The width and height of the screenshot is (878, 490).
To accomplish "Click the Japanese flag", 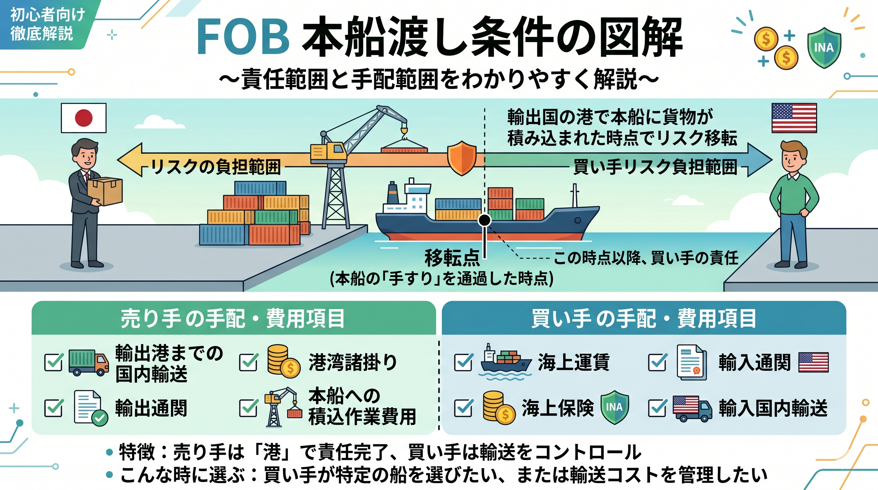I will (x=84, y=118).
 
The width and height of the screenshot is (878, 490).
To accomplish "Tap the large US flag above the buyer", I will (x=794, y=118).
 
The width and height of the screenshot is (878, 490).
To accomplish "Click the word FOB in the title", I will (x=243, y=37).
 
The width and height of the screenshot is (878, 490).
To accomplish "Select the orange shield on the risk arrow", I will (x=462, y=158).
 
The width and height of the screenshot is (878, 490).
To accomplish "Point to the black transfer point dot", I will (x=484, y=220).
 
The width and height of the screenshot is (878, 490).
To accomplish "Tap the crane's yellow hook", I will (x=404, y=131).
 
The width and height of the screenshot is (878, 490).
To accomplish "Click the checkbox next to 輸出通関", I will (x=54, y=408).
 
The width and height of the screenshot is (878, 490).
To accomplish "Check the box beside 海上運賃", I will (x=464, y=362).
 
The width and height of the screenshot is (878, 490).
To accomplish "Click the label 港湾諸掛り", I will (x=353, y=362).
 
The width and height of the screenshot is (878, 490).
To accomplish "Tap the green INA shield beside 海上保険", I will (x=614, y=407).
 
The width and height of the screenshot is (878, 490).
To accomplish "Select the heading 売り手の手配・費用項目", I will (x=233, y=318).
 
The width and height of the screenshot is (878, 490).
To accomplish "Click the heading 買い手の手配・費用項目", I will (x=644, y=318).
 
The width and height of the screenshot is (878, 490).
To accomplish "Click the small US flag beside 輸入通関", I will (x=813, y=362).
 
